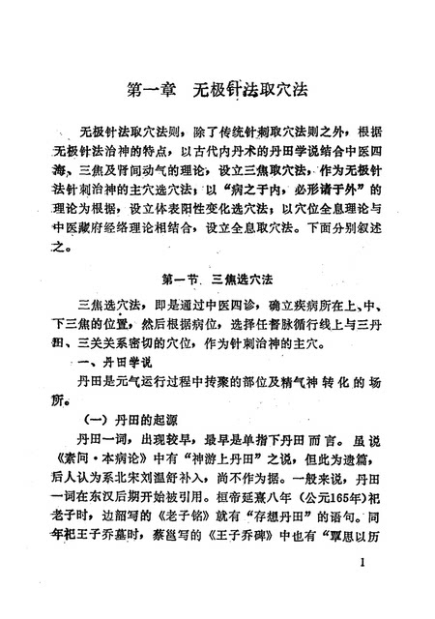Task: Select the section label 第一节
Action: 184,280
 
